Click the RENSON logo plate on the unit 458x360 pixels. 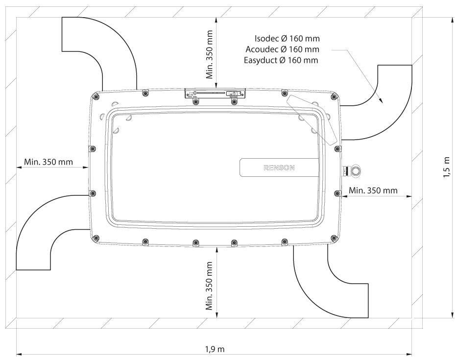click(x=277, y=168)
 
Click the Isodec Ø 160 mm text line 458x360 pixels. click(x=287, y=39)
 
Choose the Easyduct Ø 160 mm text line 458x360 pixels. click(x=281, y=60)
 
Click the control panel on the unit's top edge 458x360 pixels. click(x=215, y=93)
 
